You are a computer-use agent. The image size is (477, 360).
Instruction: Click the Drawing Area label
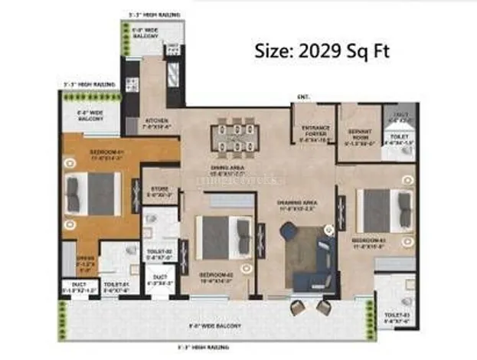(x=296, y=205)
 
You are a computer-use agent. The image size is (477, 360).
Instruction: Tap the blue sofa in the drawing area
(x=309, y=252)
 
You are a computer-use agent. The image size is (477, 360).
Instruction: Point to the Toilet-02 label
(x=159, y=255)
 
